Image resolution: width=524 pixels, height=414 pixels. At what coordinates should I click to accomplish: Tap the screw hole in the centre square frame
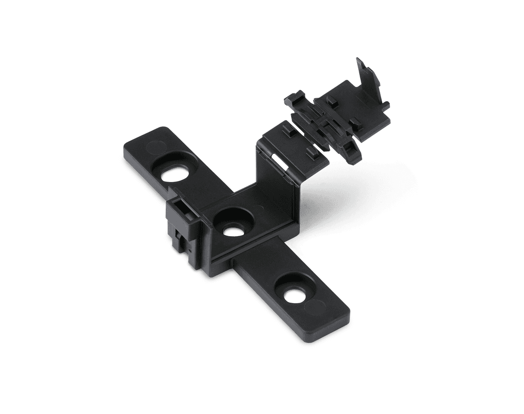click(x=233, y=231)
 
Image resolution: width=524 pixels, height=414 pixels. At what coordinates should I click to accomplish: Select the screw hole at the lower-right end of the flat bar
click(x=294, y=294)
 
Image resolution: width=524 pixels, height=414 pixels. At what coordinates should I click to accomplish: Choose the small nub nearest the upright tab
click(x=356, y=123)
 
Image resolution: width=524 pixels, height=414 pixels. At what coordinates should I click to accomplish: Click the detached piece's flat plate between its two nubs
click(x=343, y=111)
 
